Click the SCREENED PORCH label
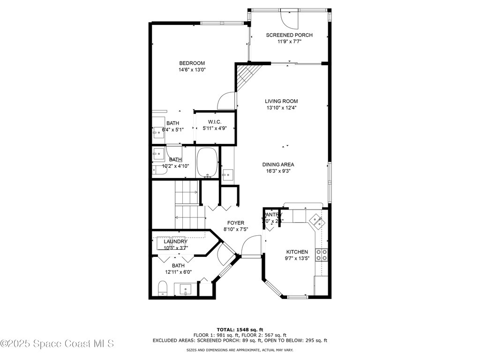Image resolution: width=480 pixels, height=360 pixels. (x=289, y=35)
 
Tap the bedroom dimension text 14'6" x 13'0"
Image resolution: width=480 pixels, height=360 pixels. (x=192, y=70)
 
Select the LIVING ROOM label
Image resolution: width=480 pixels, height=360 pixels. (x=281, y=101)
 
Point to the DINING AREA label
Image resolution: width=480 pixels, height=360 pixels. (x=278, y=165)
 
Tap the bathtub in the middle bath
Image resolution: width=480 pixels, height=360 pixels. (x=207, y=162)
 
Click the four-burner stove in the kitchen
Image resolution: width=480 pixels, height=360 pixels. (x=322, y=255)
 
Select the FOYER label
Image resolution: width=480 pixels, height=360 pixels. (x=236, y=223)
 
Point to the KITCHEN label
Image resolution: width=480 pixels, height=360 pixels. (x=297, y=252)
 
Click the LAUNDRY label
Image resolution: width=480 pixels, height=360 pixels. (x=175, y=241)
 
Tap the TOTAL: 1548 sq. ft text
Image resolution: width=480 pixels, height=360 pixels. (x=240, y=330)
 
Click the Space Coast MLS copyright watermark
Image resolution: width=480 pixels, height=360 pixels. (x=57, y=344)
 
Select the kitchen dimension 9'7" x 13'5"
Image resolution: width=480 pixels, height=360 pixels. (x=297, y=258)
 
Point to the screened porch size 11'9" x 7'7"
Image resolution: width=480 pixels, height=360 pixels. (x=289, y=41)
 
